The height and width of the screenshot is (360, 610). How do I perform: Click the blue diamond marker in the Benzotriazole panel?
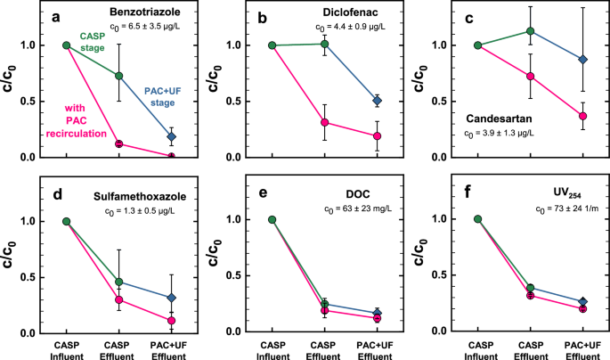(171, 136)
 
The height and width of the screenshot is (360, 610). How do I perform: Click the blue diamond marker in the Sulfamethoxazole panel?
(171, 298)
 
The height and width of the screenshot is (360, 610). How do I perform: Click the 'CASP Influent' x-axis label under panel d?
(66, 348)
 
